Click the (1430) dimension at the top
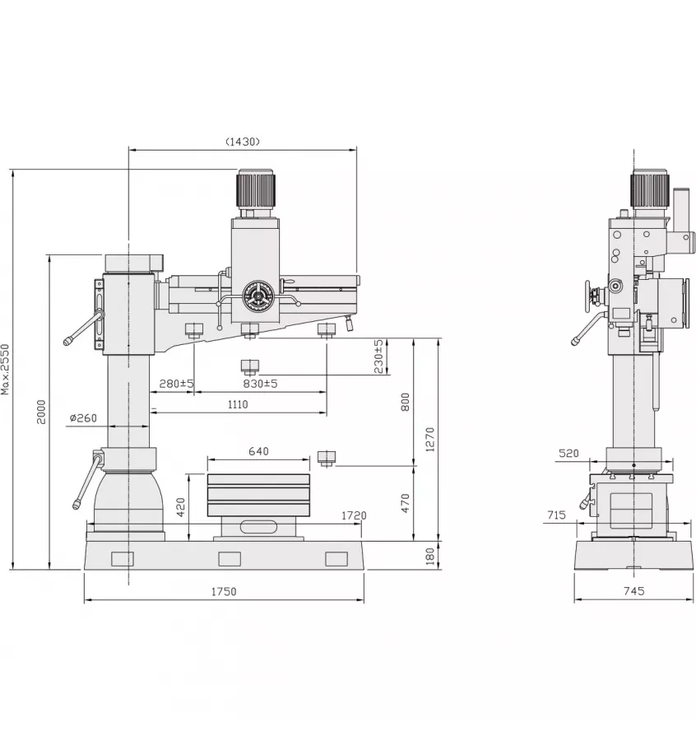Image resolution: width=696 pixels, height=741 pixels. coord(243,141)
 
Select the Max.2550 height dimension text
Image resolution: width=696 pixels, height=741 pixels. coord(7,369)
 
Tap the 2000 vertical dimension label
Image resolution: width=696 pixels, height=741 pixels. coord(40,412)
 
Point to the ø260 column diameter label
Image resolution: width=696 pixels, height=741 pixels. coord(83,418)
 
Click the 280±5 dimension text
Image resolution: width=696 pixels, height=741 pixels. coord(176,383)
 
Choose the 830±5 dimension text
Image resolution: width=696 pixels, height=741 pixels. coord(260,383)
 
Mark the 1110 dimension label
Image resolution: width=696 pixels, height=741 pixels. coord(238,404)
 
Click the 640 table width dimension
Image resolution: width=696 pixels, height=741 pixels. coord(258,451)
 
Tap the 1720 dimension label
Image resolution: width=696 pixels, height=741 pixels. coord(354,515)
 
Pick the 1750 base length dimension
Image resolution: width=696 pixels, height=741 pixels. coord(224,591)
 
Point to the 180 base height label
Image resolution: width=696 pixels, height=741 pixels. coord(429,557)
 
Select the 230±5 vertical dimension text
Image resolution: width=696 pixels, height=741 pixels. coord(378,356)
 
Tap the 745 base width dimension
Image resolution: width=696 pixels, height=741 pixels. coord(633,591)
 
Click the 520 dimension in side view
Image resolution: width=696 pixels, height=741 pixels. coord(568,453)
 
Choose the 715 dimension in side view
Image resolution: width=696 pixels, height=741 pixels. coord(556,515)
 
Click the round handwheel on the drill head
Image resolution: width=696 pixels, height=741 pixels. coord(258,296)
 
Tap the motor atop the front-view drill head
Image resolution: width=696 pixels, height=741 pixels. coord(256,191)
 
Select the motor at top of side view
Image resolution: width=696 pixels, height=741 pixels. coord(650,190)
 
